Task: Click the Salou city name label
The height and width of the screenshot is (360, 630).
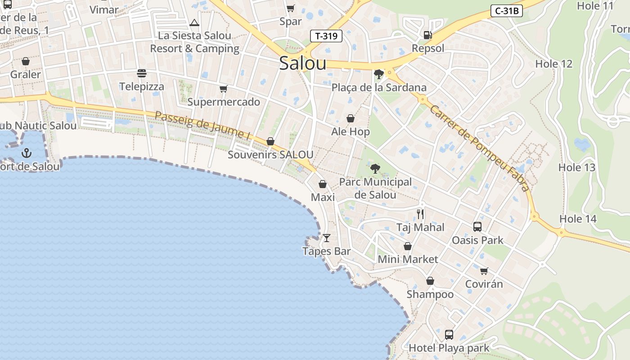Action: coord(302,63)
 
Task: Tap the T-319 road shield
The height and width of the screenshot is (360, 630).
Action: coord(326,36)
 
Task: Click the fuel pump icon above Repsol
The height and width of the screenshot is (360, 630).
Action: coord(427,35)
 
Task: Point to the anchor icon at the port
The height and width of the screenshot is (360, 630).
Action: coord(27,153)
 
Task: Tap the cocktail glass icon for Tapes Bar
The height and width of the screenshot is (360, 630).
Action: coord(327,238)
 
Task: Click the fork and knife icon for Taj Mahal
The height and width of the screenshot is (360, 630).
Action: coord(420,214)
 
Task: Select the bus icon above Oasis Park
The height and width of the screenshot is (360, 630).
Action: coord(477,226)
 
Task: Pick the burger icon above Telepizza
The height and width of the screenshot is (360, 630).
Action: coord(142,73)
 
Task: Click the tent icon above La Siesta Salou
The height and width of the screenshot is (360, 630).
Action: coord(194,23)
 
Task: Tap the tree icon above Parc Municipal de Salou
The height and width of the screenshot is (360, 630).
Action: coord(375,169)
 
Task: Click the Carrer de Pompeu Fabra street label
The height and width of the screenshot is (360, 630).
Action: coord(479,148)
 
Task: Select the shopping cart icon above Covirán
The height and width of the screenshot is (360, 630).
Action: coord(484,271)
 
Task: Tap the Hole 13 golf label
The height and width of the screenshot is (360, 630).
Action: coord(576,167)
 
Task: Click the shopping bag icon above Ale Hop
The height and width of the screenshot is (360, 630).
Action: coord(351,118)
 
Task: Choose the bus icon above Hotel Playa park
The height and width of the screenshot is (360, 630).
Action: coord(449,334)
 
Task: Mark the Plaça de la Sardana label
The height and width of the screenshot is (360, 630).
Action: coord(379,87)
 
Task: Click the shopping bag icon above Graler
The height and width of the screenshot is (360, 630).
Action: coord(26,61)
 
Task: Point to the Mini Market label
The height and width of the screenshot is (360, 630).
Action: coord(408,259)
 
